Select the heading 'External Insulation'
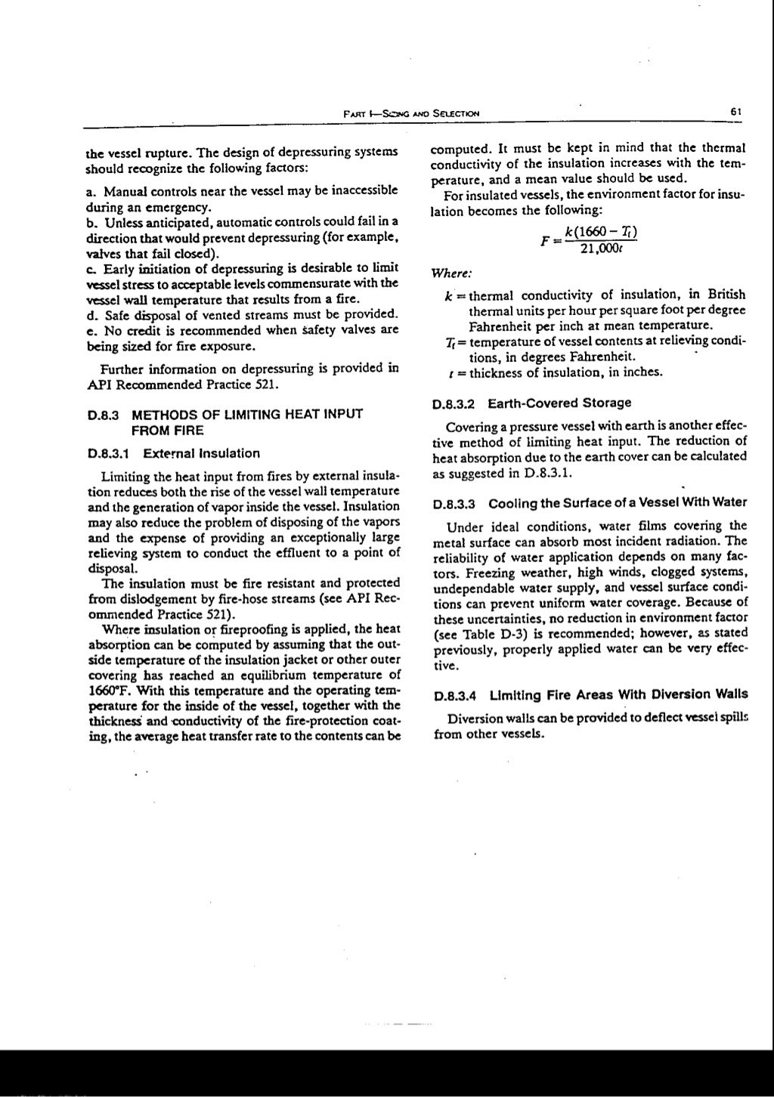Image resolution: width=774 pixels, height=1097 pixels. pos(201,453)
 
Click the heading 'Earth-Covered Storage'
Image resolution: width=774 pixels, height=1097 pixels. pos(559,403)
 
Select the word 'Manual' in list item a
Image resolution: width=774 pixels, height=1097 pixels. pos(125,191)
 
